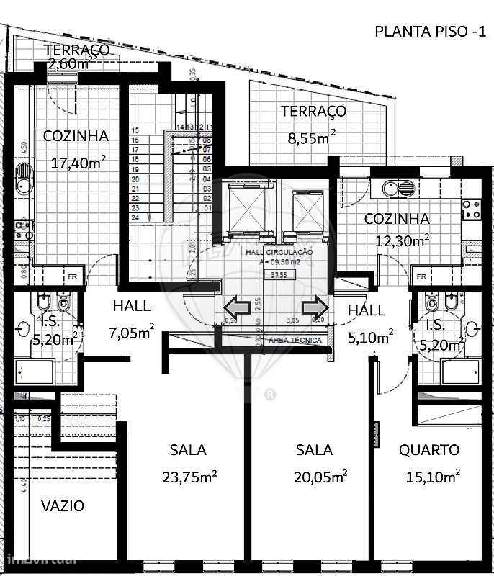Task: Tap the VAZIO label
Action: pyautogui.click(x=62, y=506)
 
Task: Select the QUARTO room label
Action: pyautogui.click(x=429, y=450)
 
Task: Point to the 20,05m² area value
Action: pyautogui.click(x=320, y=476)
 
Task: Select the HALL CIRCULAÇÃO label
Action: pyautogui.click(x=279, y=252)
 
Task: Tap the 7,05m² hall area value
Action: pyautogui.click(x=130, y=332)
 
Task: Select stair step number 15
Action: pyautogui.click(x=134, y=130)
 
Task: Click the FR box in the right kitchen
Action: pyautogui.click(x=421, y=276)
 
